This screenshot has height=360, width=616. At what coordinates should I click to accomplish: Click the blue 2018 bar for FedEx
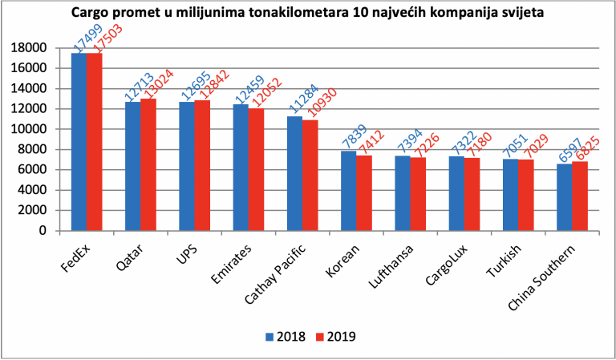(x=79, y=142)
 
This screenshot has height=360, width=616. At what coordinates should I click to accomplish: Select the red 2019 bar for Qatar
(x=148, y=165)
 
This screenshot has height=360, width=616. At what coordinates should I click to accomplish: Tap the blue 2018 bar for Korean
(x=348, y=191)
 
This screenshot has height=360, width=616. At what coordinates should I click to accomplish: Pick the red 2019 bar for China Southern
(x=580, y=196)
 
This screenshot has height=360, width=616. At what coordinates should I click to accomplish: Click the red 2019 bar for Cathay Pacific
(x=310, y=176)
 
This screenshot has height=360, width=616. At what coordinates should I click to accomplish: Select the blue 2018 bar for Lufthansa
(x=403, y=193)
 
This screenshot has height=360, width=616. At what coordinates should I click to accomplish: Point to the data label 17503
(x=107, y=38)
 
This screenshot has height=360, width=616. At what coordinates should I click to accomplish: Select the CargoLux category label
(x=448, y=265)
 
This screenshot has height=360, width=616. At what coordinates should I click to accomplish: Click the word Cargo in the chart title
(x=87, y=14)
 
